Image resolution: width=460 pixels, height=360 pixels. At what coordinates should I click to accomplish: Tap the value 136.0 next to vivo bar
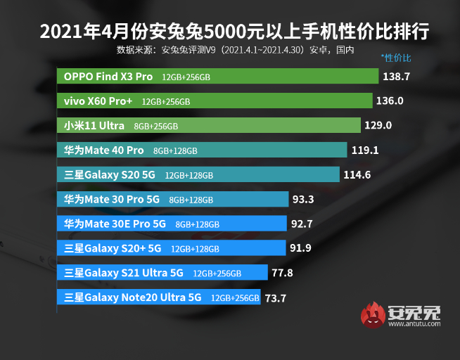(x=390, y=101)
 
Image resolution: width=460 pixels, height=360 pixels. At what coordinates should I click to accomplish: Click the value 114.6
(x=357, y=174)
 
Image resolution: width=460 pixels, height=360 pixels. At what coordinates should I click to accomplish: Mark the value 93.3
(x=303, y=199)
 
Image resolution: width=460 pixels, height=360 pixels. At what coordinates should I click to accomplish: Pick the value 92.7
(x=301, y=224)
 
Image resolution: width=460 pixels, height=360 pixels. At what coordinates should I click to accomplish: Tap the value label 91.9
(x=300, y=247)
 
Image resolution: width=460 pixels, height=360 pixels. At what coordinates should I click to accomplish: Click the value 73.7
(x=275, y=297)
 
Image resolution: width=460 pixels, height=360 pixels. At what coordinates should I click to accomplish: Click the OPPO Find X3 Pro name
(x=108, y=76)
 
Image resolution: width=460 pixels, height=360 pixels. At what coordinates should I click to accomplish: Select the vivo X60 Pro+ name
(x=98, y=101)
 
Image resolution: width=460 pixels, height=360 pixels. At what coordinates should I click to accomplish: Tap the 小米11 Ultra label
(x=93, y=126)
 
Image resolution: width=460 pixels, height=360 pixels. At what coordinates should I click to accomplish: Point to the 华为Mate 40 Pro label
(x=103, y=150)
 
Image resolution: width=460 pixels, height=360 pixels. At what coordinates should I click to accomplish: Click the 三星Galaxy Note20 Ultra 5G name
(x=132, y=297)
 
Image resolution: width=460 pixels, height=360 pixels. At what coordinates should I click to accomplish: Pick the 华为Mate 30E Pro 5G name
(x=115, y=224)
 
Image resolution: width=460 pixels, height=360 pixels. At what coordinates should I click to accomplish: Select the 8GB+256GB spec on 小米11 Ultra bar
(x=155, y=127)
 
